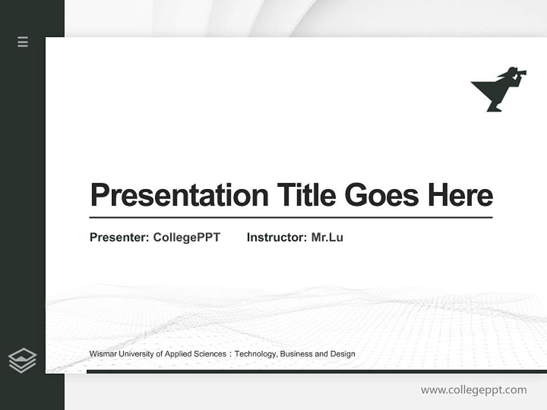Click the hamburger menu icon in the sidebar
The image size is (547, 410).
[x=23, y=42]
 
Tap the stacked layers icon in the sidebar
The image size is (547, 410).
[x=23, y=360]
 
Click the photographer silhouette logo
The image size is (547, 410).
[x=497, y=90]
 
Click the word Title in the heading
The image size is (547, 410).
[x=307, y=195]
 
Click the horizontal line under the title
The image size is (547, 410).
[x=291, y=218]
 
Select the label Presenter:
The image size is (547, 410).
[x=119, y=237]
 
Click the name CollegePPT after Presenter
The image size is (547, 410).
[x=186, y=237]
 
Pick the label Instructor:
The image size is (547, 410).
[x=276, y=237]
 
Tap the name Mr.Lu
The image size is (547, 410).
[x=327, y=237]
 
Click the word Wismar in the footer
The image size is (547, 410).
[x=101, y=354]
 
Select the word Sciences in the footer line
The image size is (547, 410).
[x=211, y=354]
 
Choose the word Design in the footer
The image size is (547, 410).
[x=342, y=354]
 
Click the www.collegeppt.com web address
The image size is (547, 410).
[x=473, y=390]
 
